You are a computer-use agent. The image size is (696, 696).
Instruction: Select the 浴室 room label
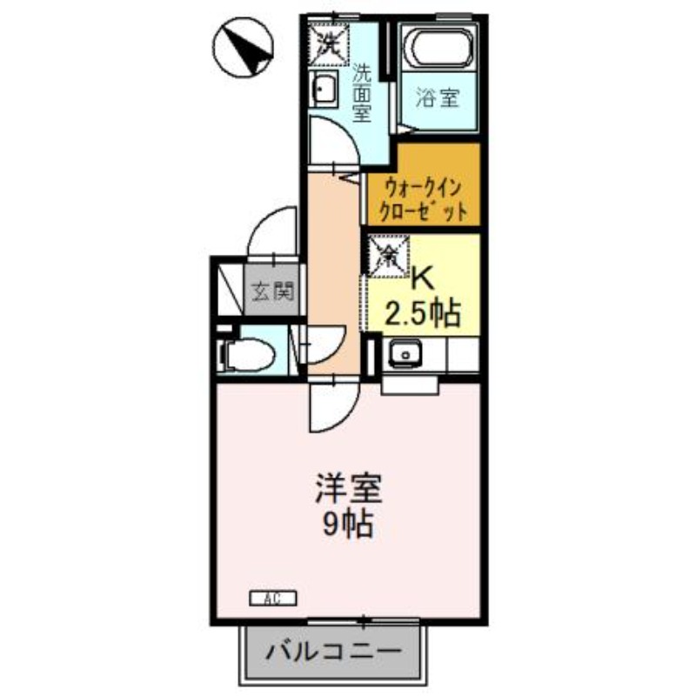tap(438, 98)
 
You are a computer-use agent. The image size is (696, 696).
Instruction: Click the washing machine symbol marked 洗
tap(329, 43)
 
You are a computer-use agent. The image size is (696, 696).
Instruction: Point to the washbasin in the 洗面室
tap(324, 90)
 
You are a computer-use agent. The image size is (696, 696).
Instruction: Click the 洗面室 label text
tap(362, 94)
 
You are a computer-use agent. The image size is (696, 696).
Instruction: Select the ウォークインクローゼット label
tap(424, 200)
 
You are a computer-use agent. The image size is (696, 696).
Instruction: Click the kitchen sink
tap(405, 354)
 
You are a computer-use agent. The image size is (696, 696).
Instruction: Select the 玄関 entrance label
tap(273, 291)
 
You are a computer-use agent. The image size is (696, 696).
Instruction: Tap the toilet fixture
tap(247, 355)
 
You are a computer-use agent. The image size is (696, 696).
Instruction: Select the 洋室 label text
tap(349, 489)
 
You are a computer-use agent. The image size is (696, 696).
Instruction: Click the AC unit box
tap(272, 599)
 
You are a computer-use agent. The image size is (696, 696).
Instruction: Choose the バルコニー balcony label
tap(334, 652)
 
